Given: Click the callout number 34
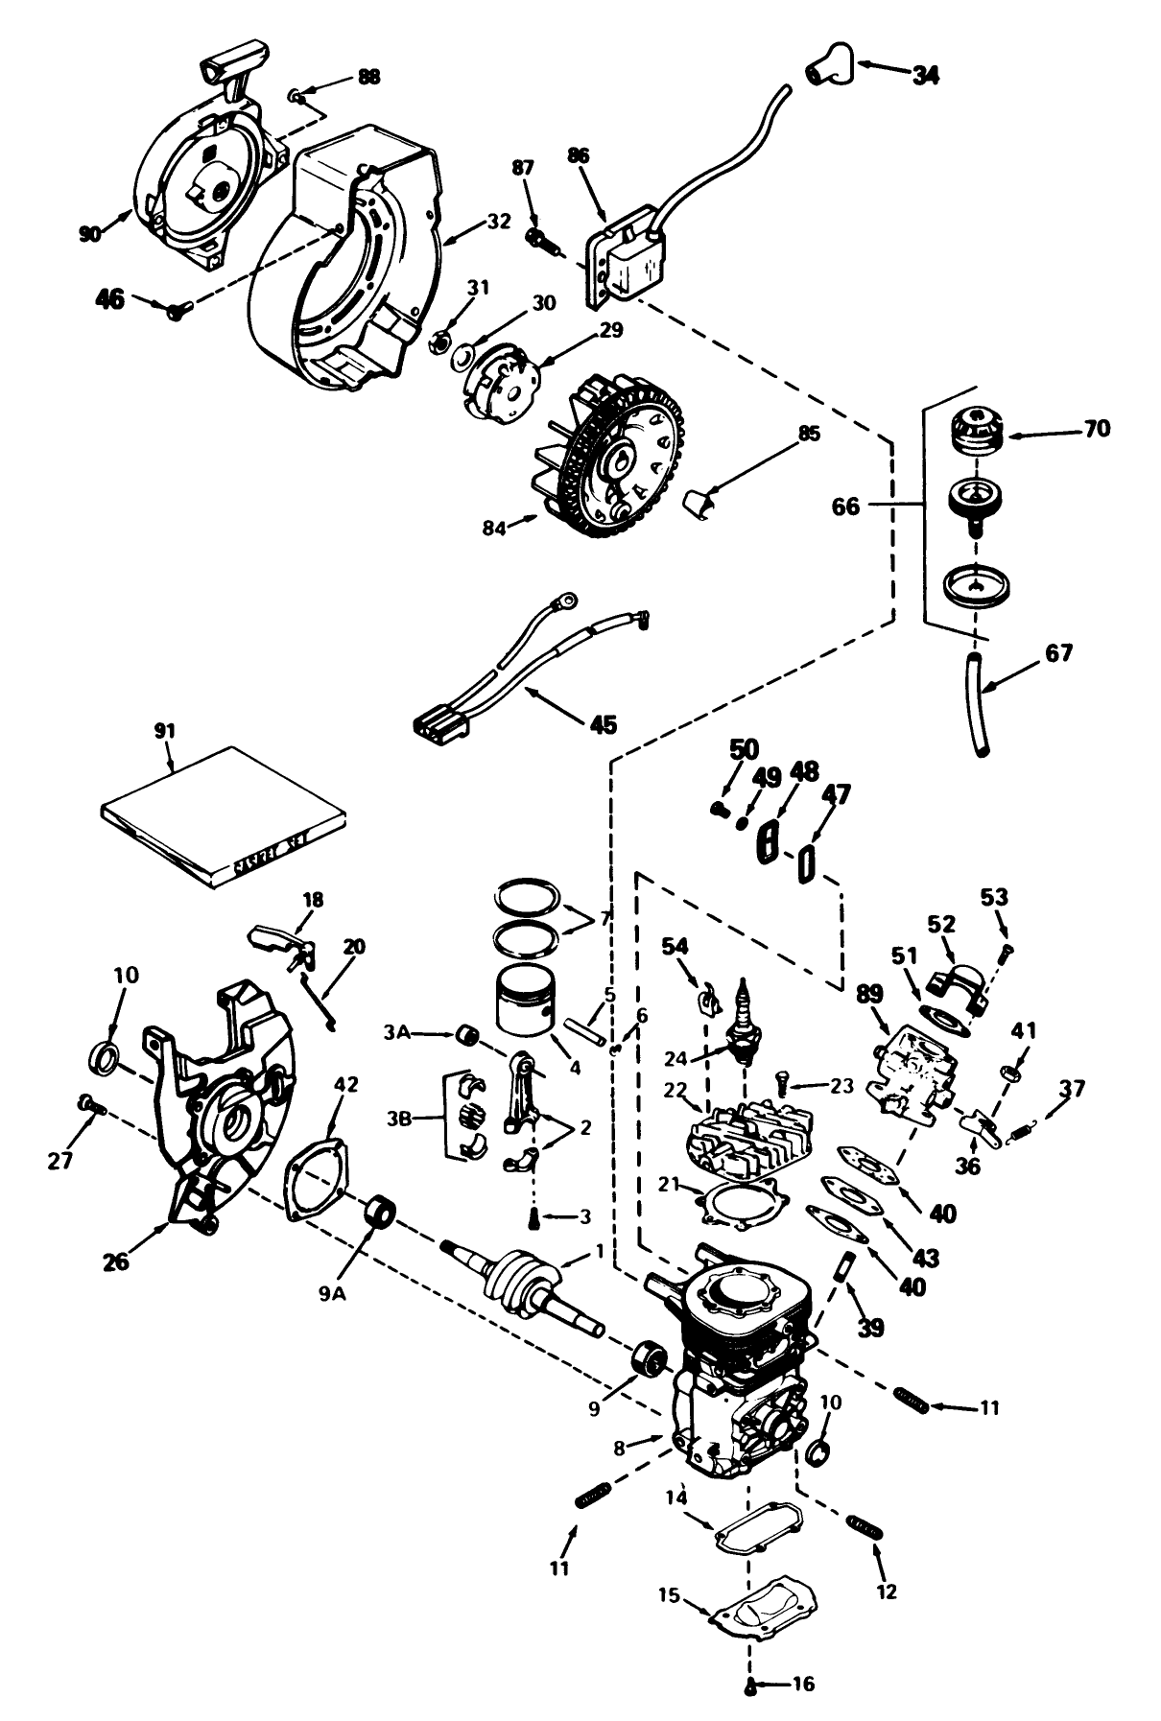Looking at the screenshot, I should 925,74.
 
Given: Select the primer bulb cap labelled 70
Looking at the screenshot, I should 975,435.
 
